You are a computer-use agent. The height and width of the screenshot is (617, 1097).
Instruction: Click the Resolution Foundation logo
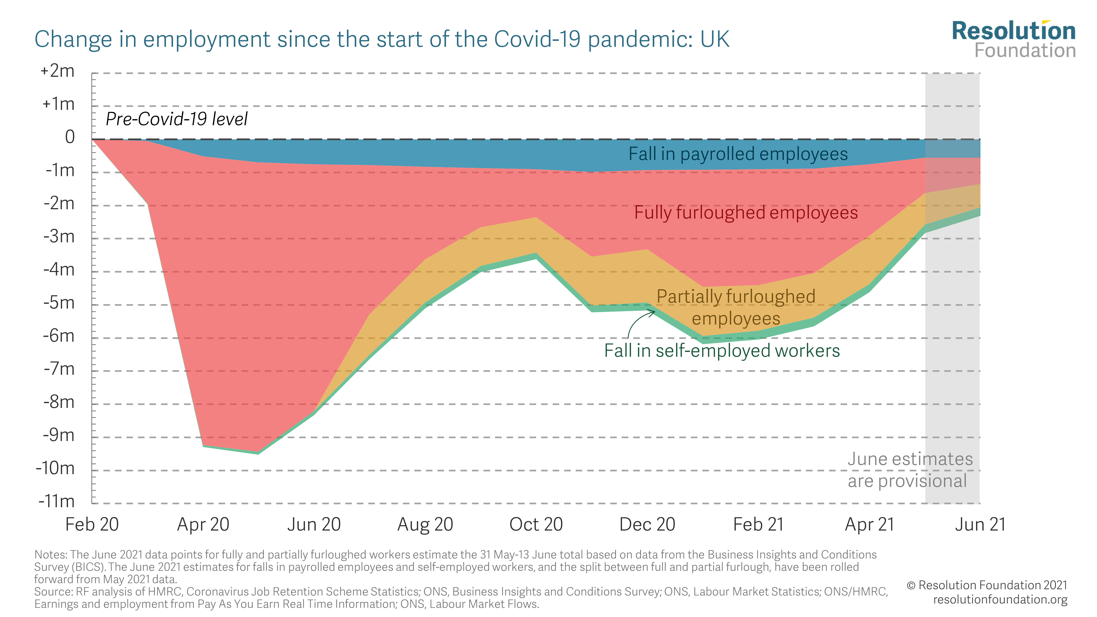1014,39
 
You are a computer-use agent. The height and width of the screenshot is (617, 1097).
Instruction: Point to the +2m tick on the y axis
58,71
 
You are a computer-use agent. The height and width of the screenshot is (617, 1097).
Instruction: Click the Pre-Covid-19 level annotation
176,119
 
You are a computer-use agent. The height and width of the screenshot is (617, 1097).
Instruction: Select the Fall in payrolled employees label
738,154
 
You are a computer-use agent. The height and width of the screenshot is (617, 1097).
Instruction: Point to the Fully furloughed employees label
746,213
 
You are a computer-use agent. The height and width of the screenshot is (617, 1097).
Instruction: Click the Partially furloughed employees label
736,307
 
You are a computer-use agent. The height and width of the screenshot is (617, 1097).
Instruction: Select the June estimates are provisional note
910,470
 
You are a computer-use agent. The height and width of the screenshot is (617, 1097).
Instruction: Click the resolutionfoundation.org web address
1000,599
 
